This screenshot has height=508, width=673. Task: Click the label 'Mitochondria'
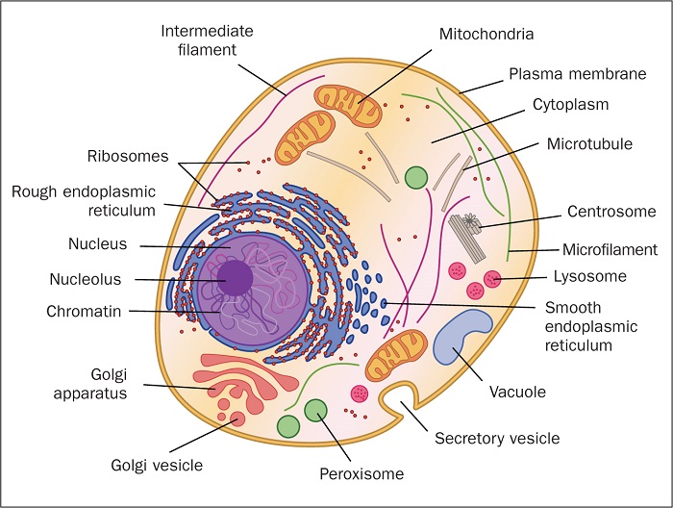(486, 35)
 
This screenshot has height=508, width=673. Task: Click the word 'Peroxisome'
(362, 473)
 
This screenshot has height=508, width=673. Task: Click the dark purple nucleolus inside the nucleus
(234, 280)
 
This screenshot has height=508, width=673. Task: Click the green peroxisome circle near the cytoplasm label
(415, 177)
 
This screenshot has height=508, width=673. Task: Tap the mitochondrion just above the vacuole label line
(395, 355)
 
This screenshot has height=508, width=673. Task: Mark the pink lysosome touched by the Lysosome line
(492, 279)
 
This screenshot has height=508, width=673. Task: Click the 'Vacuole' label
(516, 392)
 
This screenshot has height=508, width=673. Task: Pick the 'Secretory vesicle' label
(496, 439)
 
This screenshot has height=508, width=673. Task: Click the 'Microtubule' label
(589, 144)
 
